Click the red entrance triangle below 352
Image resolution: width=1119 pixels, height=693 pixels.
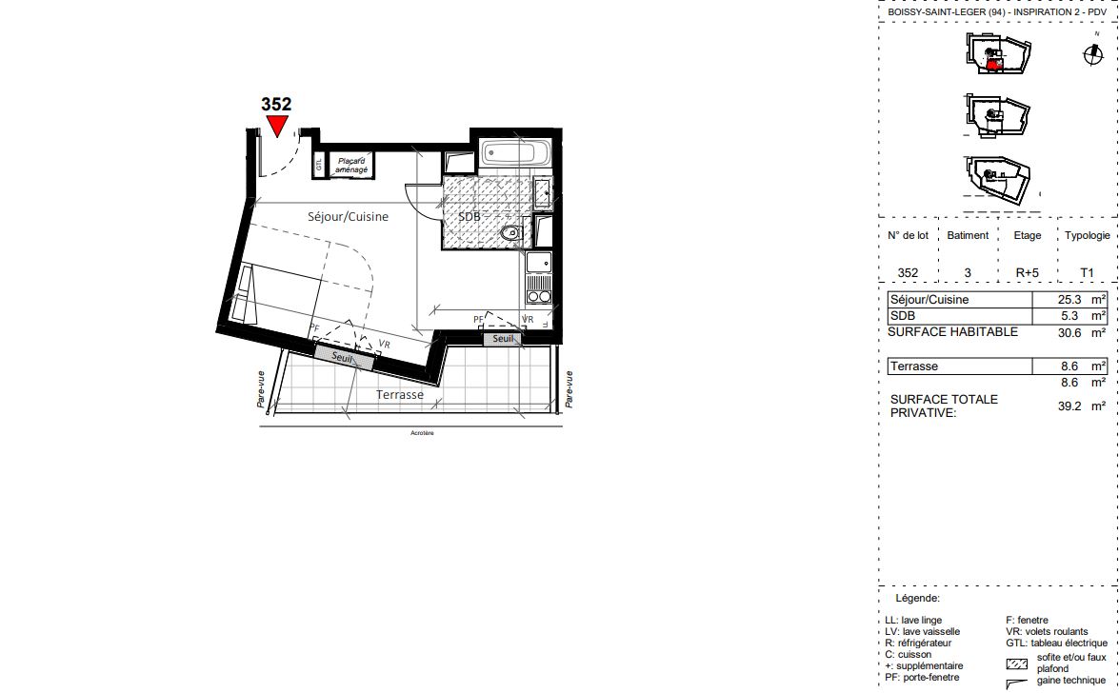pos(277,126)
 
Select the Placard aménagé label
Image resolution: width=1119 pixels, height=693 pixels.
pos(351,166)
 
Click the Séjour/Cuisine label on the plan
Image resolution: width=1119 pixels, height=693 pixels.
pos(349,216)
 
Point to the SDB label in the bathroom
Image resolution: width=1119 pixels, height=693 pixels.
pos(469,216)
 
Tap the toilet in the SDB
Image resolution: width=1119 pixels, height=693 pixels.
pos(512,232)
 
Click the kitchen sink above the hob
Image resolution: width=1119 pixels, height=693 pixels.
pos(539,263)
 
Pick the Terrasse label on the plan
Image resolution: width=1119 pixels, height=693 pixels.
pos(400,395)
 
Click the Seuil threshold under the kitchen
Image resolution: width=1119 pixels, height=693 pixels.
pos(503,339)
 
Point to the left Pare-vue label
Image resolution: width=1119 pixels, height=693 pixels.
pos(261,389)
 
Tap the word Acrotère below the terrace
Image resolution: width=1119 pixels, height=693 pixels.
pos(422,433)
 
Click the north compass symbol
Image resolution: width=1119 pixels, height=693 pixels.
pos(1093,54)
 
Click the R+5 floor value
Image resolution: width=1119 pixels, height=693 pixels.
pos(1028,272)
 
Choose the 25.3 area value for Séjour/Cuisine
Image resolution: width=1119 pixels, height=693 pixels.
pos(1069,300)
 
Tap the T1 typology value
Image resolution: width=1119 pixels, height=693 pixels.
pos(1087,272)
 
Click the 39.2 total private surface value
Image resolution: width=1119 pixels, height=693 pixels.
pos(1069,406)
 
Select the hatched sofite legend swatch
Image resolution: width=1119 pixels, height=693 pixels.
pos(1017,664)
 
